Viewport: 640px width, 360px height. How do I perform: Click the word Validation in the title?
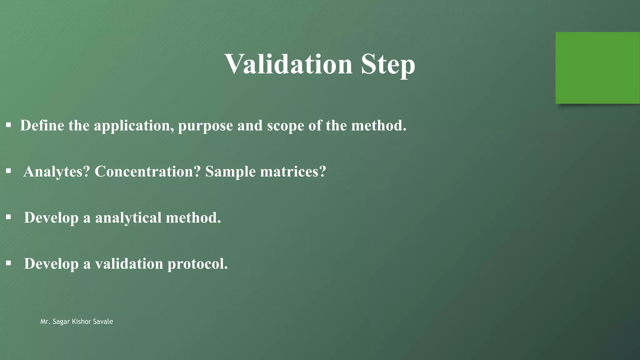click(288, 64)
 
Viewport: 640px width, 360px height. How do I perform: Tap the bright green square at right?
click(597, 68)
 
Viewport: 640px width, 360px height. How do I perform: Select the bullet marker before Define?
click(8, 125)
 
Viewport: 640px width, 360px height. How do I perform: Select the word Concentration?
click(147, 172)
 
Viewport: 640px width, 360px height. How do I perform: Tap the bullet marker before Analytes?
click(8, 171)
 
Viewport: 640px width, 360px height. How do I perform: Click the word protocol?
click(197, 264)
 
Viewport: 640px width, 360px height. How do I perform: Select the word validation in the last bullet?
click(129, 263)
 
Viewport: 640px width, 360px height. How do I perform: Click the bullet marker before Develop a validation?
click(8, 263)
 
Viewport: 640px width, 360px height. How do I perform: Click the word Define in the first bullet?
click(42, 126)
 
